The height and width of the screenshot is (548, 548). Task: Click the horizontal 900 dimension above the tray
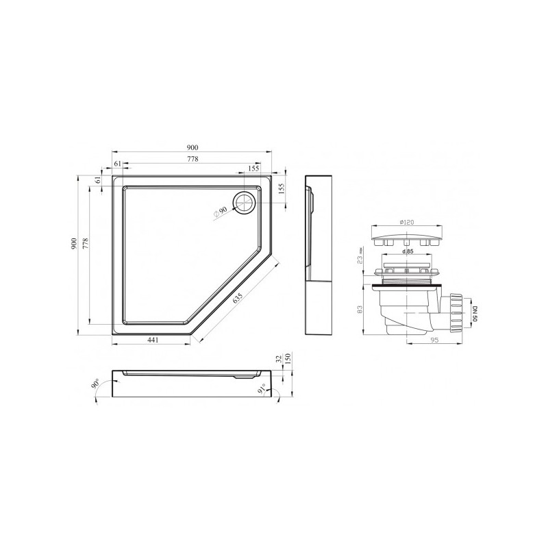(x=192, y=148)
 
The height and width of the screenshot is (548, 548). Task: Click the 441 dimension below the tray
(x=156, y=340)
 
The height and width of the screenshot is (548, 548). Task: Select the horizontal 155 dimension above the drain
(x=253, y=169)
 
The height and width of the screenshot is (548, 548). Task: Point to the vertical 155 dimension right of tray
(x=281, y=190)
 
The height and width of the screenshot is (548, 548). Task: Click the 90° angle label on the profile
(x=94, y=384)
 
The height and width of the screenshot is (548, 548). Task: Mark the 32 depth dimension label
(x=277, y=358)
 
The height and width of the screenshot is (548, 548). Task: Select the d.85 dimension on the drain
(x=408, y=253)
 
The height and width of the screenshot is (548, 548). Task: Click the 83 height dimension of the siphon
(x=359, y=309)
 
